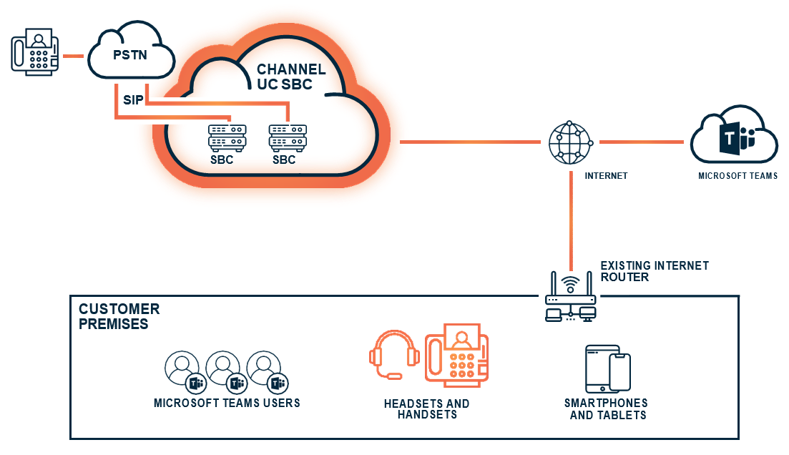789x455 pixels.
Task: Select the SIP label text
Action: click(133, 99)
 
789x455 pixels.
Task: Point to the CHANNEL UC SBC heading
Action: click(290, 77)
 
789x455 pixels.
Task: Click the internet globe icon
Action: click(571, 142)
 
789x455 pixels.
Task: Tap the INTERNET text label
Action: click(606, 175)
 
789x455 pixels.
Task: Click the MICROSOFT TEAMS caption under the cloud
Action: click(737, 175)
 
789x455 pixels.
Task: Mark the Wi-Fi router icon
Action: click(570, 296)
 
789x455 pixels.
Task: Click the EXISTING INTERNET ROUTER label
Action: click(654, 271)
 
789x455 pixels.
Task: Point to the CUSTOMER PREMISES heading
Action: click(119, 316)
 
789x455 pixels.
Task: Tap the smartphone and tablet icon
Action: click(607, 368)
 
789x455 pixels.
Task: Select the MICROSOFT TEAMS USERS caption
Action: click(227, 403)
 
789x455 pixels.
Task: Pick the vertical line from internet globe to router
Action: click(571, 218)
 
